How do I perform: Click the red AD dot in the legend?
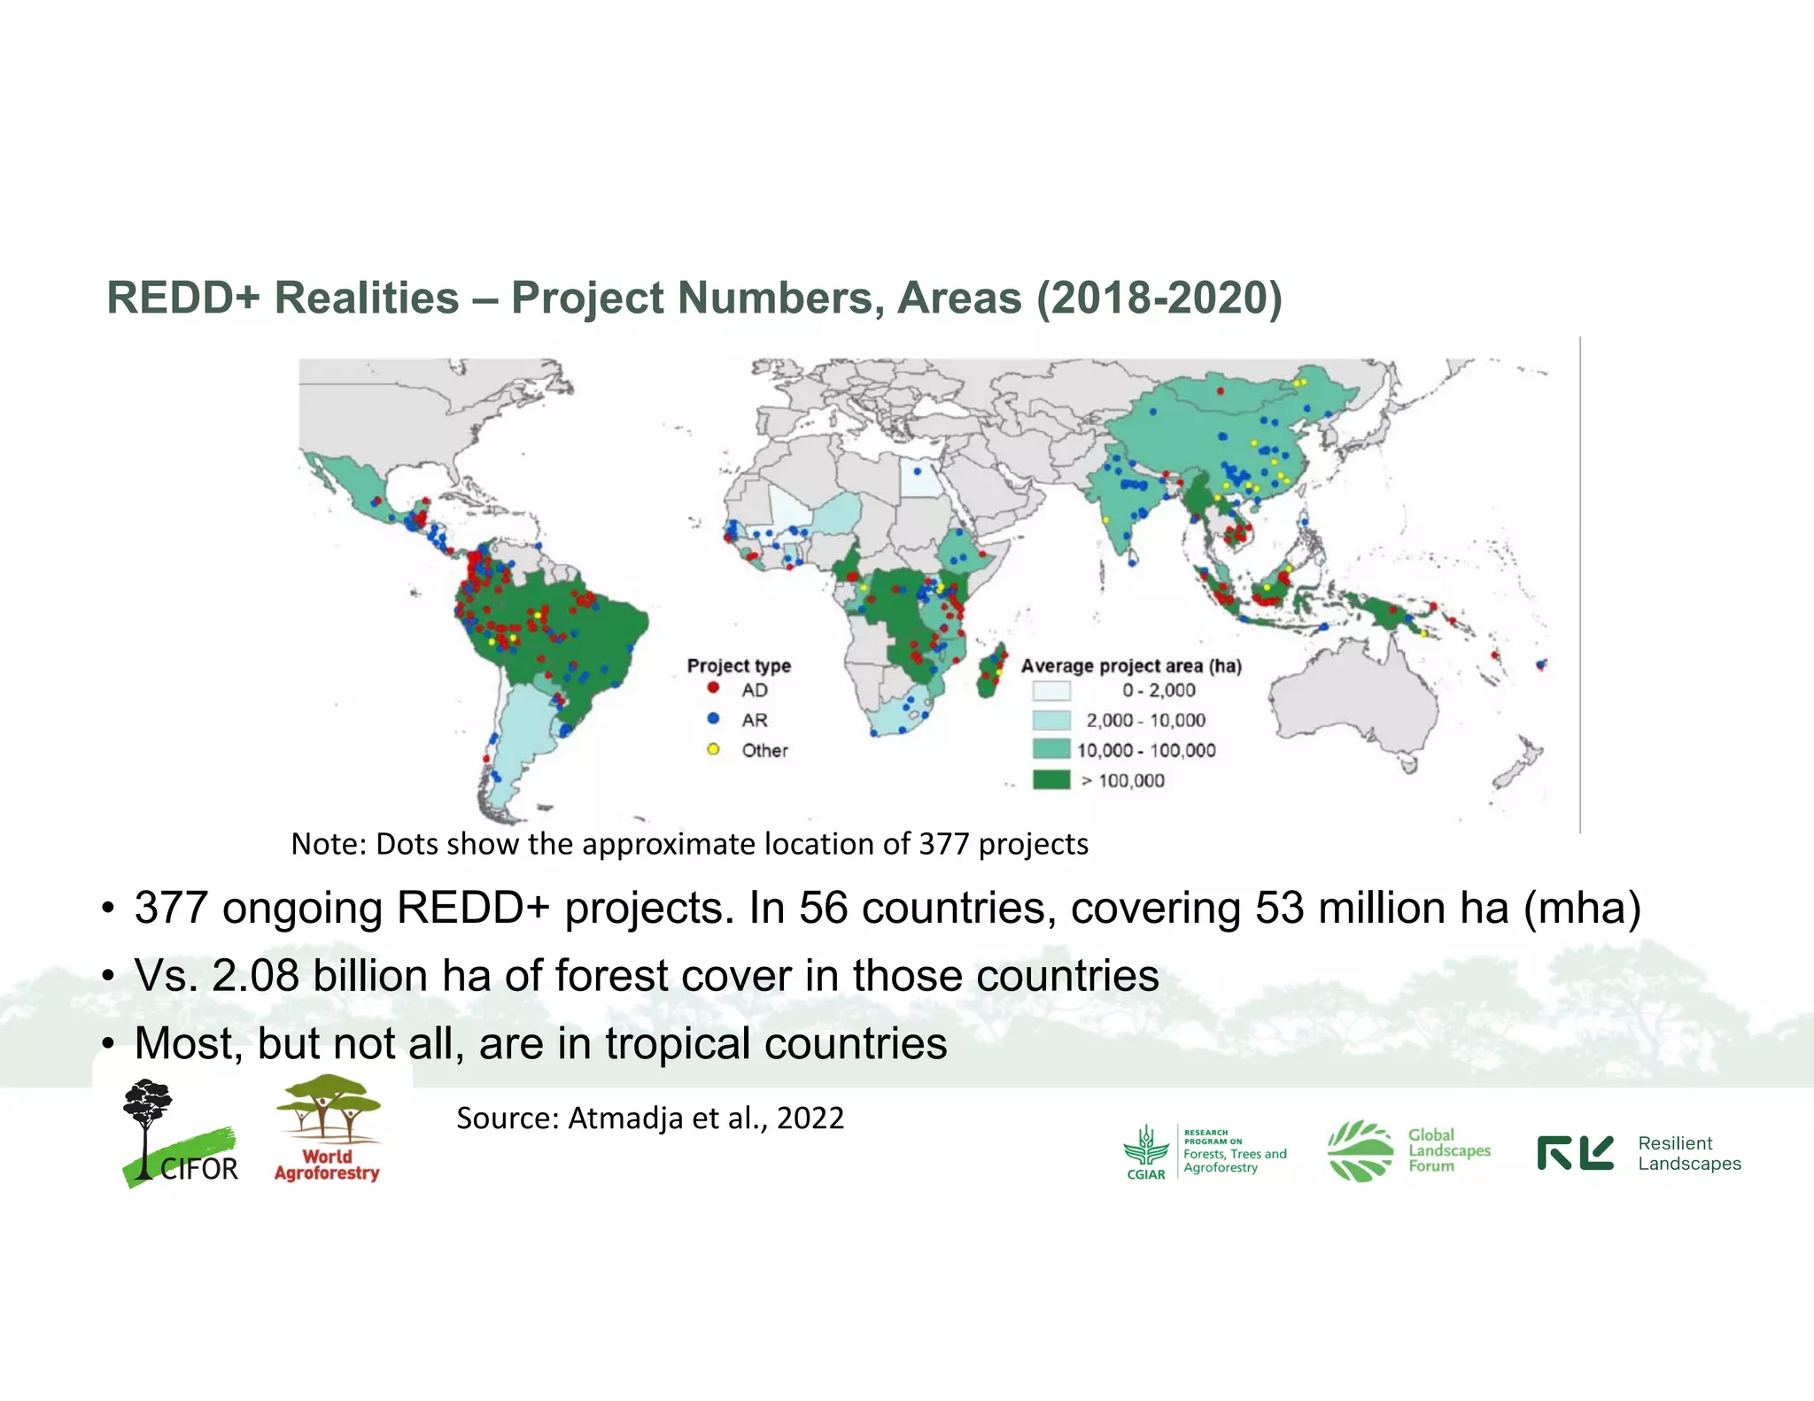(713, 688)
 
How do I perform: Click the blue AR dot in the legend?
(713, 718)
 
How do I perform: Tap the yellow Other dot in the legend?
(713, 749)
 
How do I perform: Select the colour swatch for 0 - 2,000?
(1051, 691)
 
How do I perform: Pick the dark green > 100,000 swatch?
(1051, 780)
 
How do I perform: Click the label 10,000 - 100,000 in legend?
(1146, 750)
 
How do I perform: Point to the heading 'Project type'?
(739, 665)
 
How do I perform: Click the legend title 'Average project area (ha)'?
(1131, 665)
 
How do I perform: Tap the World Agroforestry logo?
(327, 1129)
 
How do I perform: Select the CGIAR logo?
(1146, 1152)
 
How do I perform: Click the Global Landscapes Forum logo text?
(1448, 1150)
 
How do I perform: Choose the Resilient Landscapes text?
(1688, 1153)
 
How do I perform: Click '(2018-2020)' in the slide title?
(1159, 298)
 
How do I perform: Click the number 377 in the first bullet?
(171, 908)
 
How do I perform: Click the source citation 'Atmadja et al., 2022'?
(705, 1118)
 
